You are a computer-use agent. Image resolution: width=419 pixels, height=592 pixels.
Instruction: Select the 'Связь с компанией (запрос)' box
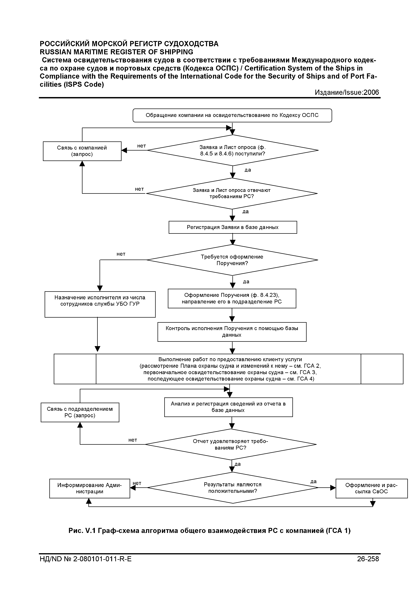pyautogui.click(x=82, y=151)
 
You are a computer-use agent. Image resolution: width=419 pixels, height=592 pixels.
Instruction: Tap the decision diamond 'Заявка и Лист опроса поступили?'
pyautogui.click(x=233, y=150)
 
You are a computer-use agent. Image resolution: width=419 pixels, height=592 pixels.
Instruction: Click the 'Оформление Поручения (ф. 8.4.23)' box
pyautogui.click(x=232, y=298)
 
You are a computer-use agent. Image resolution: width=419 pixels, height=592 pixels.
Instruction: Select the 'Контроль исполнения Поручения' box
pyautogui.click(x=232, y=332)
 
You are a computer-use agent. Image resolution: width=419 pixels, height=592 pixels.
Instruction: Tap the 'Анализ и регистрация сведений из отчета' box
pyautogui.click(x=229, y=407)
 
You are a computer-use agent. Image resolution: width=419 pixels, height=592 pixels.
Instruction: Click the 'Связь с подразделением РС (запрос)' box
pyautogui.click(x=80, y=412)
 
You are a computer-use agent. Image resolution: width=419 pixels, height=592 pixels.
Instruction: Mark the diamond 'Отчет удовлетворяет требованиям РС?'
pyautogui.click(x=231, y=444)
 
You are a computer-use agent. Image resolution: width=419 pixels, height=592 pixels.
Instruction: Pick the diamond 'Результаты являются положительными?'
pyautogui.click(x=233, y=488)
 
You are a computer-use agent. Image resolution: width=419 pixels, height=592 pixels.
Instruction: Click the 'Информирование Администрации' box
pyautogui.click(x=90, y=488)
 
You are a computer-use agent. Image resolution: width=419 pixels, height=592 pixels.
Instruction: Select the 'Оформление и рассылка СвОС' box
pyautogui.click(x=372, y=488)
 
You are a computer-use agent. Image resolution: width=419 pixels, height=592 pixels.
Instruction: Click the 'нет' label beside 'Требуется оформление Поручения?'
pyautogui.click(x=121, y=254)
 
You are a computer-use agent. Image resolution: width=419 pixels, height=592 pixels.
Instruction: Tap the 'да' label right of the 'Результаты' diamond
pyautogui.click(x=313, y=482)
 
